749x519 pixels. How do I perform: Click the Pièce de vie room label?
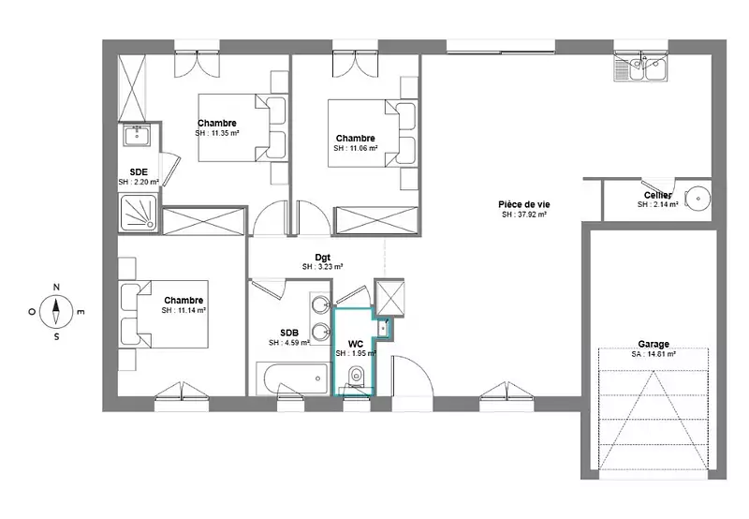[524, 204]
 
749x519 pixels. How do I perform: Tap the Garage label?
[654, 344]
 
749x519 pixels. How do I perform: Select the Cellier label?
[658, 195]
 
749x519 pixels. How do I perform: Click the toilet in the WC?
[357, 377]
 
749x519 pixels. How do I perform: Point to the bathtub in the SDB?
[294, 378]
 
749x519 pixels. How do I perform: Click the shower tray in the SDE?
[138, 214]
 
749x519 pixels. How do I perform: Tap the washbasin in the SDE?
[137, 135]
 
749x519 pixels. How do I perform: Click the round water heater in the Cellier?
[698, 199]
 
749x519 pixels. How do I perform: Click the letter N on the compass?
[56, 288]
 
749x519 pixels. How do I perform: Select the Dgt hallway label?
[323, 258]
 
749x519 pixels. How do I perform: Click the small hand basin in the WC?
[384, 328]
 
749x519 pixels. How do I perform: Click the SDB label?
[289, 333]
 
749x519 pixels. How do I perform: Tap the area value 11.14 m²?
[189, 311]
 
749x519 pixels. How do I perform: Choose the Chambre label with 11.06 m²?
[356, 139]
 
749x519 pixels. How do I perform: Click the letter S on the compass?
[56, 337]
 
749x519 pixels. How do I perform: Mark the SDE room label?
[139, 172]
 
